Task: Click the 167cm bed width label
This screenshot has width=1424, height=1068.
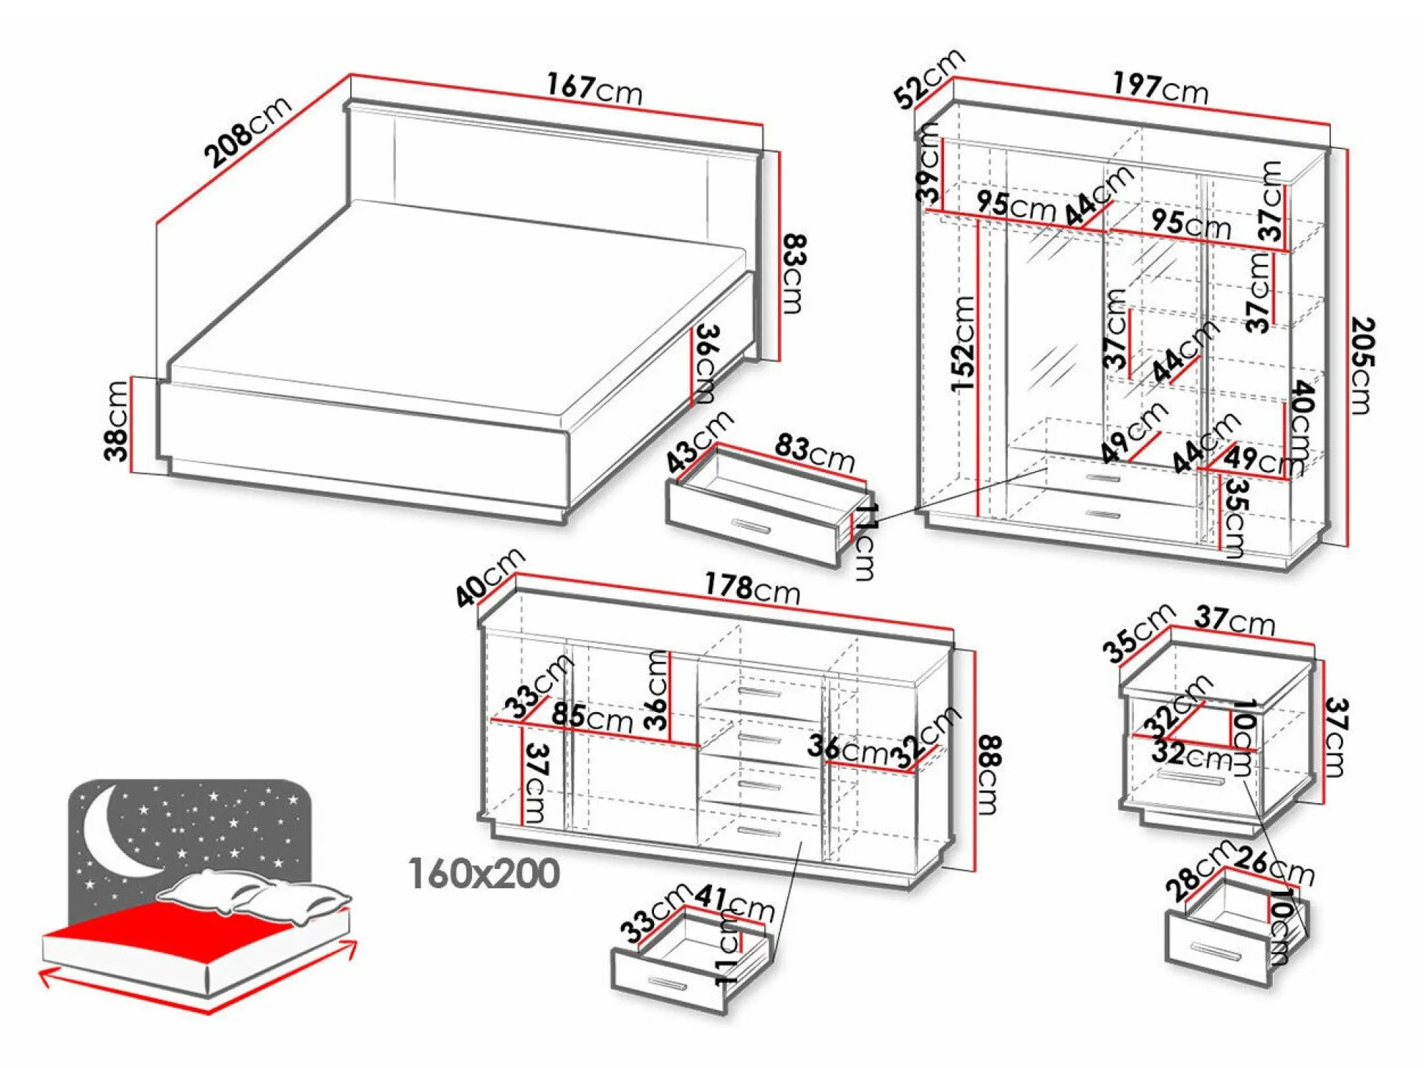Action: [594, 89]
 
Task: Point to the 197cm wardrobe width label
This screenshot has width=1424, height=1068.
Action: [1160, 87]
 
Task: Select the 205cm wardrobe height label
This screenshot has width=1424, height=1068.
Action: [1362, 365]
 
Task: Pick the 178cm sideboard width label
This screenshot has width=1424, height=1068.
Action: [752, 588]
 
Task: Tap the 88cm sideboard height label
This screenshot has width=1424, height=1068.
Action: [989, 774]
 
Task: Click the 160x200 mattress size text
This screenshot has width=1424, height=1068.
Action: [484, 873]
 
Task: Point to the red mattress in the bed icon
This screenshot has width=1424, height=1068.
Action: [169, 932]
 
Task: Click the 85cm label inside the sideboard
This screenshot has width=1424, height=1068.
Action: [592, 716]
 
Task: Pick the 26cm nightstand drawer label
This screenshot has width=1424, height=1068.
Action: [1276, 866]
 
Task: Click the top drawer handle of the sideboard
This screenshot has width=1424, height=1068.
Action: [760, 693]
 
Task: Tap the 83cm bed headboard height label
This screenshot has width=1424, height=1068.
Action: [795, 273]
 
